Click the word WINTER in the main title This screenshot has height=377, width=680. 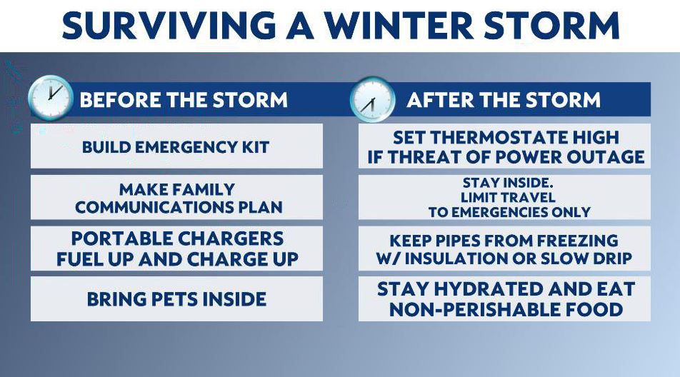[x=399, y=26]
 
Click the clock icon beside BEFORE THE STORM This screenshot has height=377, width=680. [x=50, y=98]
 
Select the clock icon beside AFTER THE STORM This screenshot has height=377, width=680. [x=373, y=100]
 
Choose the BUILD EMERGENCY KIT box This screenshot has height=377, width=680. [x=176, y=146]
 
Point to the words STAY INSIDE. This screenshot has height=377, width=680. [x=508, y=183]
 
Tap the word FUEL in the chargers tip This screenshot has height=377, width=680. [x=79, y=259]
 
